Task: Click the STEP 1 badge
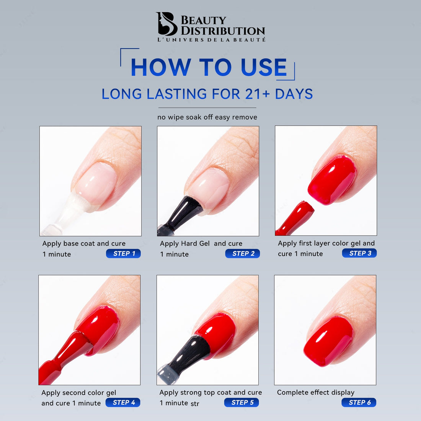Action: pos(123,253)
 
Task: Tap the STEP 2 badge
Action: pos(242,253)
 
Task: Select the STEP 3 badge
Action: pos(359,253)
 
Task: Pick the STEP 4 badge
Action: pos(123,402)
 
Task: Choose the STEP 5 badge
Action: pos(242,402)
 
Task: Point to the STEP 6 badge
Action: pos(359,402)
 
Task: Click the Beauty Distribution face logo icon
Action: pos(166,24)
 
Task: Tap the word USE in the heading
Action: pos(264,67)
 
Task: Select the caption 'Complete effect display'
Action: pos(316,392)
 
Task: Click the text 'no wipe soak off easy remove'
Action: pos(207,117)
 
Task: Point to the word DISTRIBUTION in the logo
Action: pos(223,31)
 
